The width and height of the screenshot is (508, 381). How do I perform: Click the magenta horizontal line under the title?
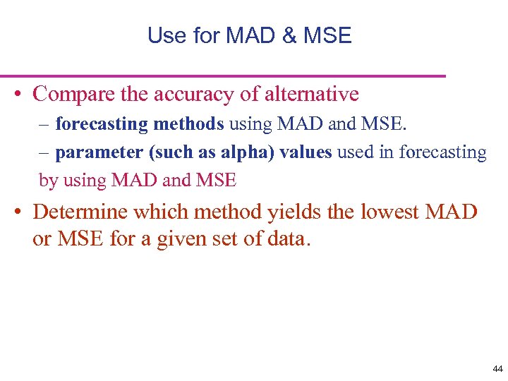point(223,75)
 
